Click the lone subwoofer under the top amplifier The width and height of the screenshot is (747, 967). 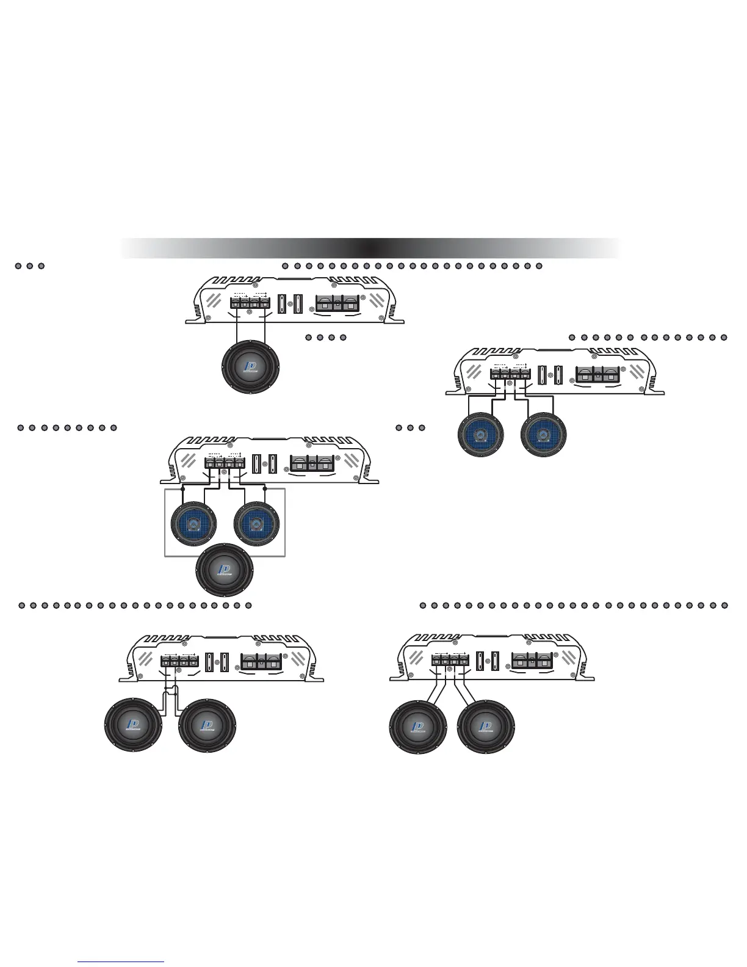pos(251,367)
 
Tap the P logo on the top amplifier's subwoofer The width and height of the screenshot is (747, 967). pos(250,367)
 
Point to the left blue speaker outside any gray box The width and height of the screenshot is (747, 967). pos(480,435)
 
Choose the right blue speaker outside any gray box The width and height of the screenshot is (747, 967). pos(544,435)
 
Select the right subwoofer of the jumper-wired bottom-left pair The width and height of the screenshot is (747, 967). pos(207,726)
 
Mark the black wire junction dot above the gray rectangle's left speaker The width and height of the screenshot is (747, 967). pos(183,488)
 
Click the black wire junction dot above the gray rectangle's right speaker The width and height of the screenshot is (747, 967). pos(265,488)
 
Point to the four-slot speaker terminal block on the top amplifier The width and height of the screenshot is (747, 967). pos(250,302)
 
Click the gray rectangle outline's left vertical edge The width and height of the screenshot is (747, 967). pos(165,523)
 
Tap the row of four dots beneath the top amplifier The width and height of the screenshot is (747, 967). pos(325,337)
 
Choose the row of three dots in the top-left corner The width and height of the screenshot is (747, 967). pos(29,266)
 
